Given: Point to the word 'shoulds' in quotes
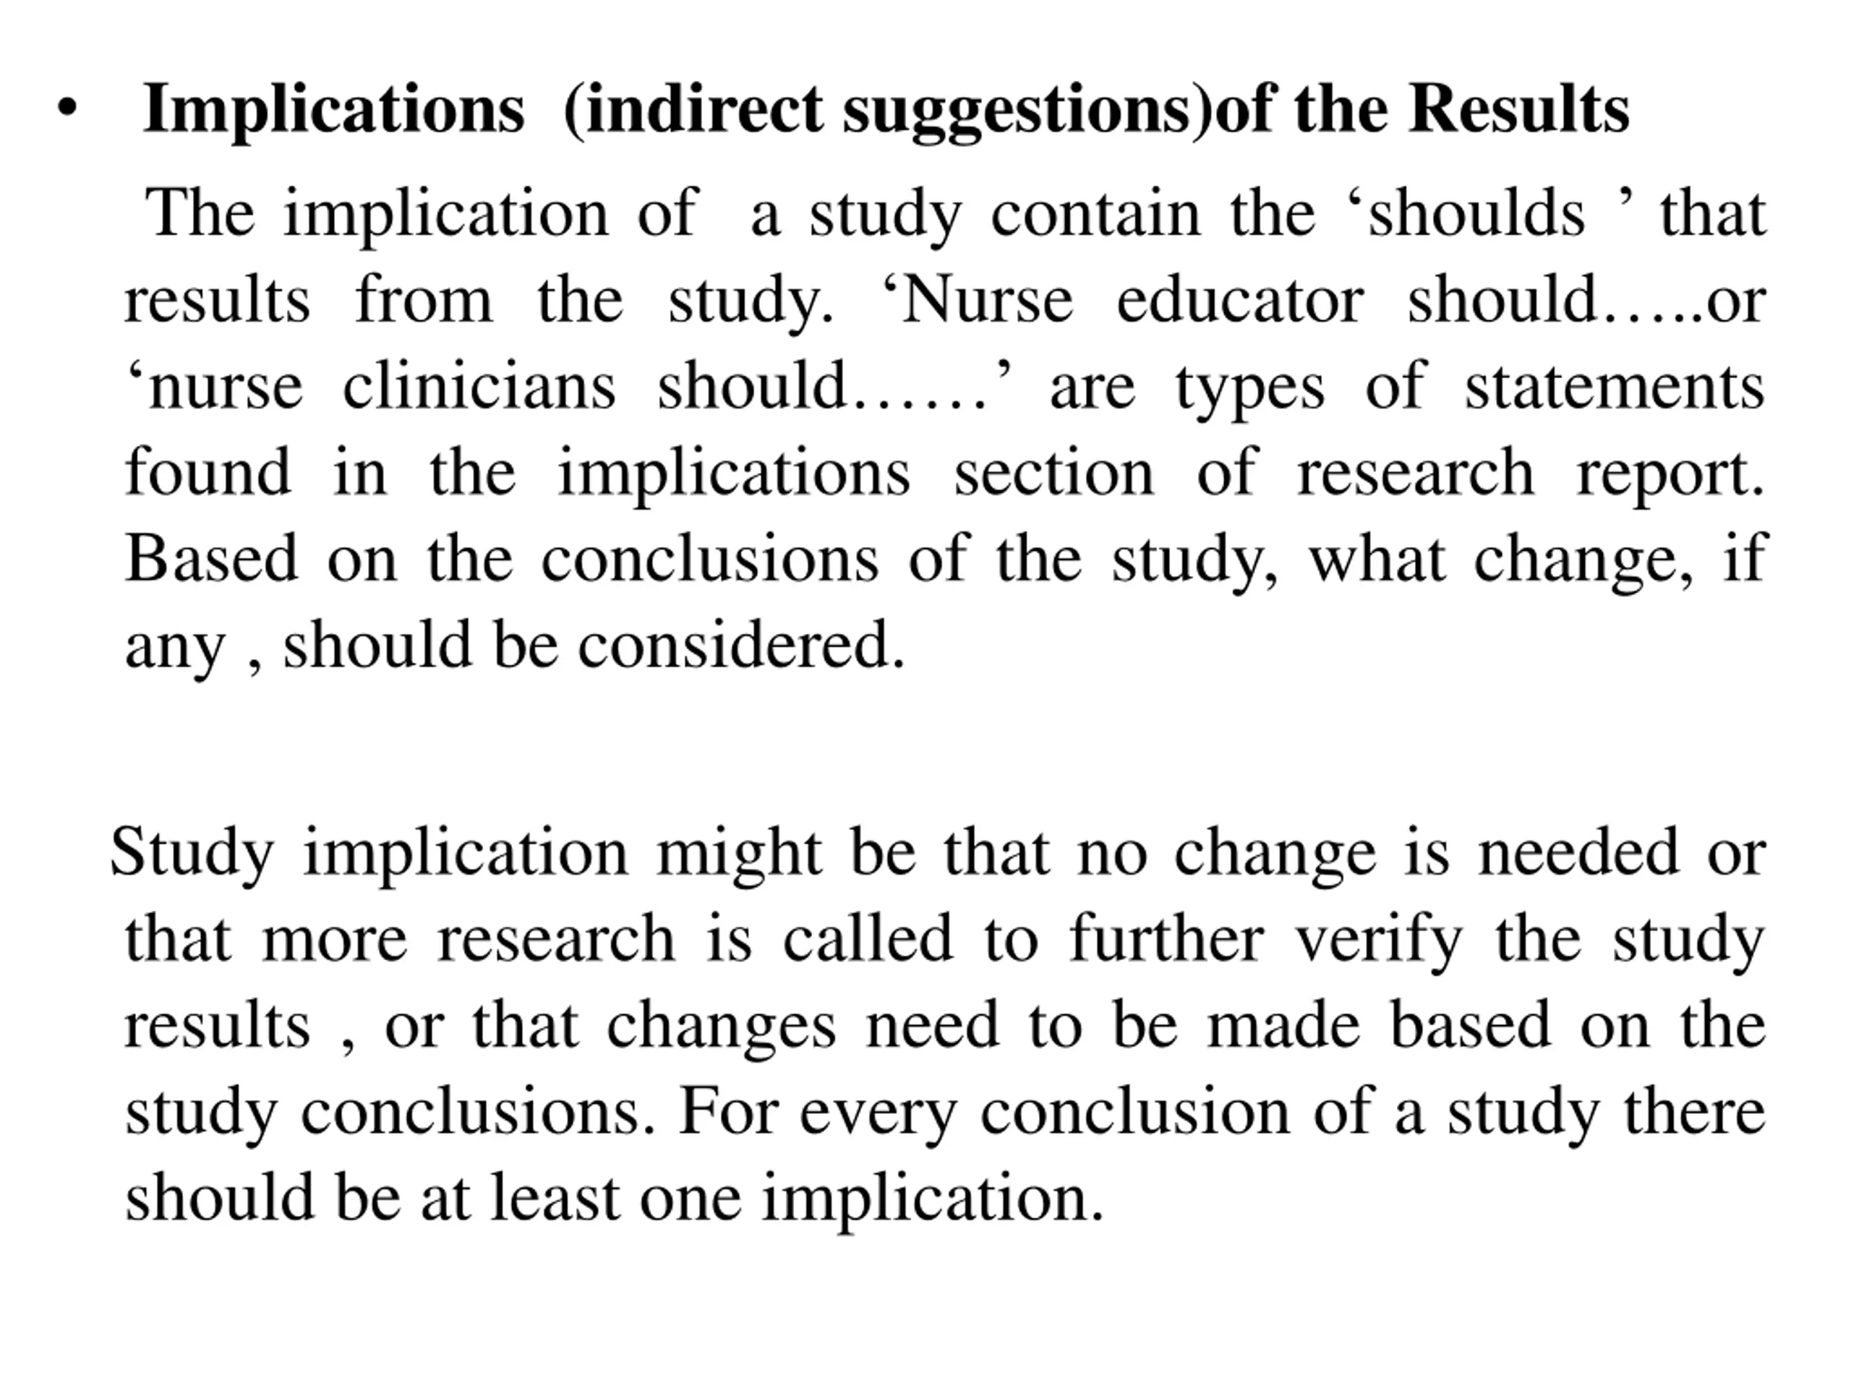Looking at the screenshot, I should pos(1476,214).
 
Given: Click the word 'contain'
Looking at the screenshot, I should pos(1095,214).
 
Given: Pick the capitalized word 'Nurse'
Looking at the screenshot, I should pos(988,300).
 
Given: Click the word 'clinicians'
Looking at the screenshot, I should pos(479,387).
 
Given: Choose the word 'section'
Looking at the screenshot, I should pos(1053,473).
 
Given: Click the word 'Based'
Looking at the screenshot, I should pos(211,559).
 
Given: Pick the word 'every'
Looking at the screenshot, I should pos(878,1113).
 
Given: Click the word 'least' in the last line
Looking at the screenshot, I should pos(555,1198).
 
